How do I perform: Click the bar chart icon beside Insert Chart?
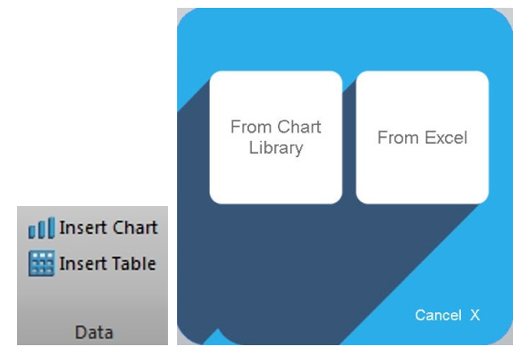(41, 228)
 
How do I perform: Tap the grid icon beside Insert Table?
(41, 264)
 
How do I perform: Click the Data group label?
(94, 332)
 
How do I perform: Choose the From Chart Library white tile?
(276, 138)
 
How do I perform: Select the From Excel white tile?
(422, 138)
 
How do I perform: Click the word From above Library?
(251, 127)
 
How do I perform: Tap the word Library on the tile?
(276, 149)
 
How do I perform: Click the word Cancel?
(438, 316)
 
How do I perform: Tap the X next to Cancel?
(476, 316)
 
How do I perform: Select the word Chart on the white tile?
(299, 127)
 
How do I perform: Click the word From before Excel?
(398, 138)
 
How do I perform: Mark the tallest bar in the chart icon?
(51, 228)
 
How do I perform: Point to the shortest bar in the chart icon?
(32, 232)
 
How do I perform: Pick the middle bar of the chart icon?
(41, 229)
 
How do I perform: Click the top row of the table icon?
(41, 254)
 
